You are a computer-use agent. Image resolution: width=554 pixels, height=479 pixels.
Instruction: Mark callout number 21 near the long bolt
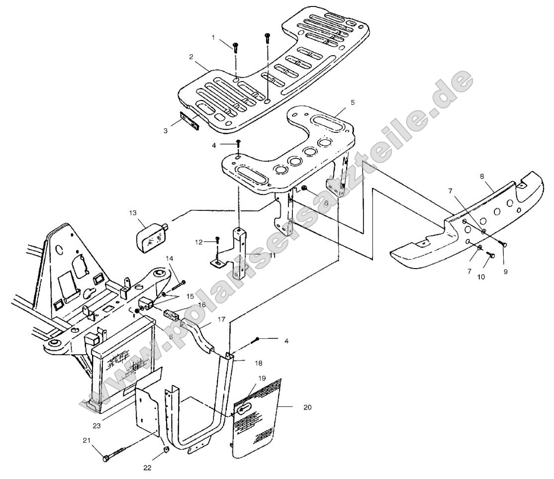tap(86, 441)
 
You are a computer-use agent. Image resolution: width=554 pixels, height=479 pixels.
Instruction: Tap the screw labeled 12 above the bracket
tap(217, 241)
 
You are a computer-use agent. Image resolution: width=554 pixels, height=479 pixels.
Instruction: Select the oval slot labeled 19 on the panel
tap(243, 409)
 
